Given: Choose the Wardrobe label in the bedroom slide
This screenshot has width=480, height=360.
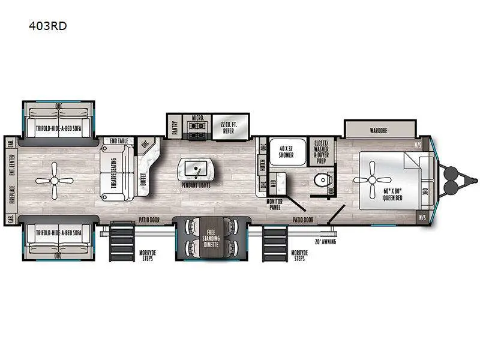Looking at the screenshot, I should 379,129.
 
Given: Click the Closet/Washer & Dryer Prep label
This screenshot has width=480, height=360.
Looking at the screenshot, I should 320,152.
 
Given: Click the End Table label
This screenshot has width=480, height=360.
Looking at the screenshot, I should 119,141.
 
